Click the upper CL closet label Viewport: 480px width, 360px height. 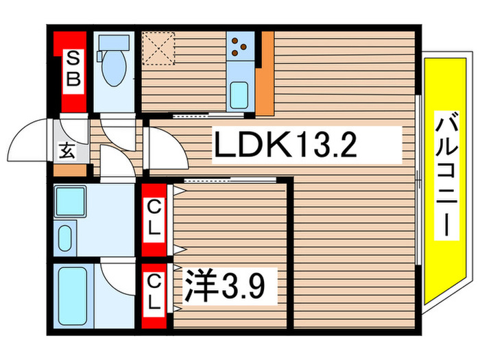(x=155, y=217)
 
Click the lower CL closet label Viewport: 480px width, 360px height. (x=155, y=290)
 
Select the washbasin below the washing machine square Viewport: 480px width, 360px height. (x=66, y=238)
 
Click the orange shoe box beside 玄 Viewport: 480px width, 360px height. (x=71, y=169)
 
